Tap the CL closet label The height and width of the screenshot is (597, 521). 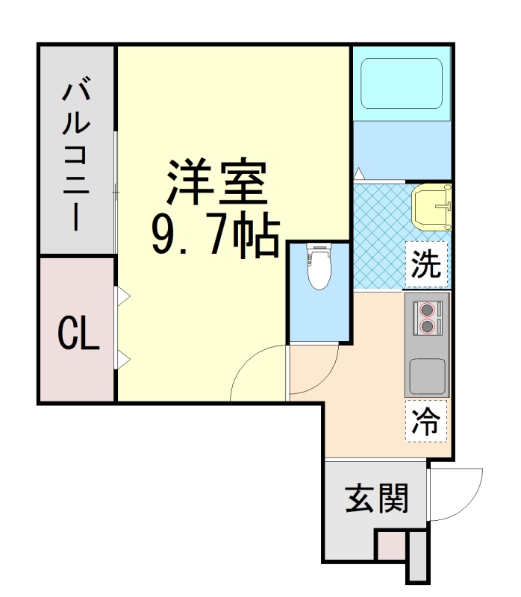coord(78,334)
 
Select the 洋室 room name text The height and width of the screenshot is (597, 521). coord(216,183)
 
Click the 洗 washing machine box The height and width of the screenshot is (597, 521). coord(426,264)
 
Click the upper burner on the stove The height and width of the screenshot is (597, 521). coord(427,308)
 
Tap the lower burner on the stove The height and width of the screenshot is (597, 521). coord(427,325)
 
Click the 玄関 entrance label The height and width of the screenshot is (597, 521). coord(376,498)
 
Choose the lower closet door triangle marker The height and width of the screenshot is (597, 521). coord(122,362)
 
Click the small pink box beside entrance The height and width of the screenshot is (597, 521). coord(389,545)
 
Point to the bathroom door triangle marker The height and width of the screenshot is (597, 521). coord(359,175)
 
